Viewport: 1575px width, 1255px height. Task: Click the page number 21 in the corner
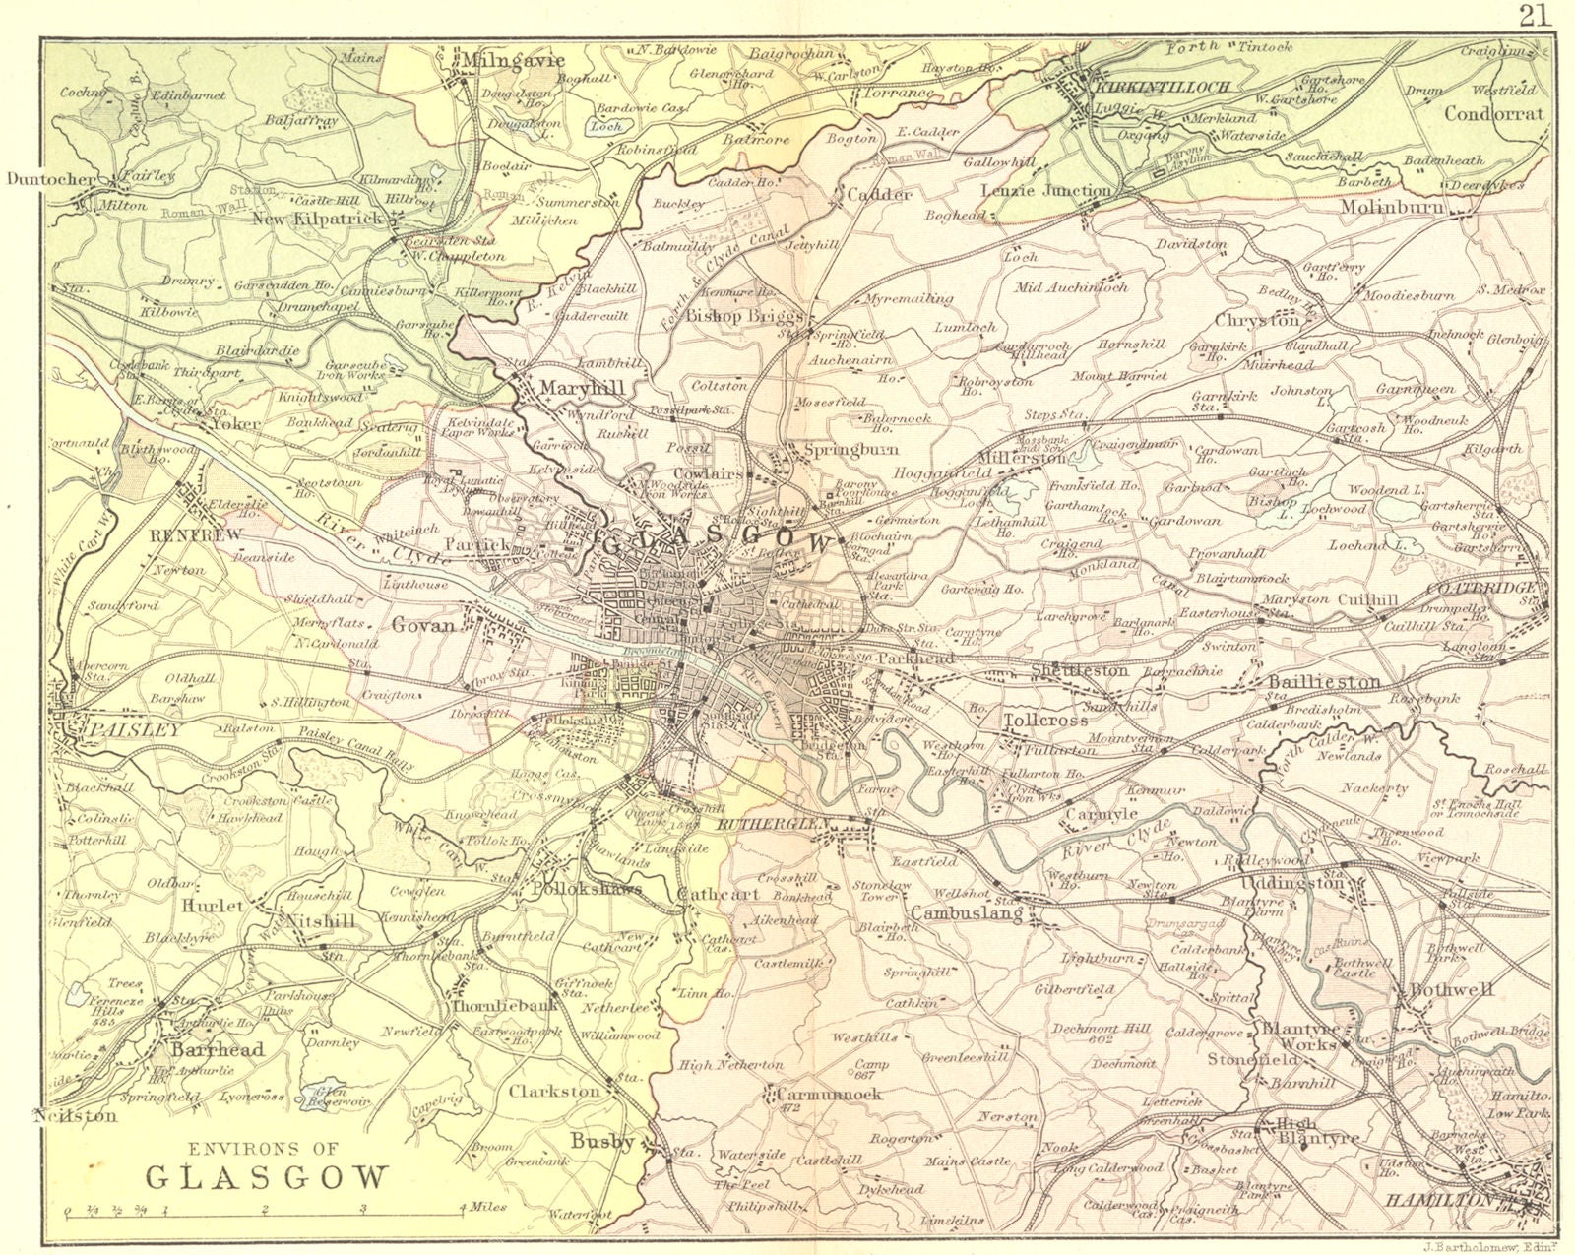tap(1535, 15)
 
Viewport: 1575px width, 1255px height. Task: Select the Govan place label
tap(424, 625)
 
